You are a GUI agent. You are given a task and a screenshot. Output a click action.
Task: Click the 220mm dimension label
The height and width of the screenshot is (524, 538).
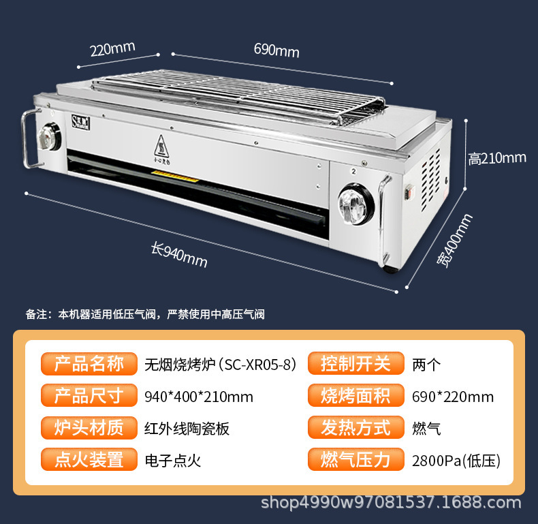coord(112,49)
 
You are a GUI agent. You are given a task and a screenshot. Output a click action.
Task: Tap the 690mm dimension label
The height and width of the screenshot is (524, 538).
coord(276,50)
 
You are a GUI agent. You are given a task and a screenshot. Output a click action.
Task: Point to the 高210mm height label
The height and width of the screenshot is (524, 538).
coord(497,158)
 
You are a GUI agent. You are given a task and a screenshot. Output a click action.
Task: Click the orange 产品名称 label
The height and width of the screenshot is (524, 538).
coord(89,364)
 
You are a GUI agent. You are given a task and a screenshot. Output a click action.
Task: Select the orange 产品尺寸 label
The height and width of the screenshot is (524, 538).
coord(89,396)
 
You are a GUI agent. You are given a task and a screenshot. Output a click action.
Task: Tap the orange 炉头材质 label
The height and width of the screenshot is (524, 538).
coord(89,428)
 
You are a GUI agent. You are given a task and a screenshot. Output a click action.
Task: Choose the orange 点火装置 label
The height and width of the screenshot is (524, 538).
coord(89,460)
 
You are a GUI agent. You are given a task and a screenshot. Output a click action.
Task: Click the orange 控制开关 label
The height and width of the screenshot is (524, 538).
coord(356,364)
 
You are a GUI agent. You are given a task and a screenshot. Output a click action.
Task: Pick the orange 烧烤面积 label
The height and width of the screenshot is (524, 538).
coord(356,396)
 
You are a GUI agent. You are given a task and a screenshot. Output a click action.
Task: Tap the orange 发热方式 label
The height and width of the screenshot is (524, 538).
coord(356,428)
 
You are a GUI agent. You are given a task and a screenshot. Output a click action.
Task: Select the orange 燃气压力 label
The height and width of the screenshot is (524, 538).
coord(356,460)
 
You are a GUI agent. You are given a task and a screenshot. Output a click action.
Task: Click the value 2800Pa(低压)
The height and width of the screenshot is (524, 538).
coord(456,461)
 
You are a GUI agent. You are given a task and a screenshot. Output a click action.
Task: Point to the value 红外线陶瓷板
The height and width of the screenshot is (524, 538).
coord(187,429)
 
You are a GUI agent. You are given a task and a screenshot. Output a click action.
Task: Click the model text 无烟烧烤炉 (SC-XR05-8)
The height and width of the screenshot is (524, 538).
coord(221,365)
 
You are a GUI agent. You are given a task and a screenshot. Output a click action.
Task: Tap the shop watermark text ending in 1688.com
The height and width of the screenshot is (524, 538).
coord(392,503)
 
